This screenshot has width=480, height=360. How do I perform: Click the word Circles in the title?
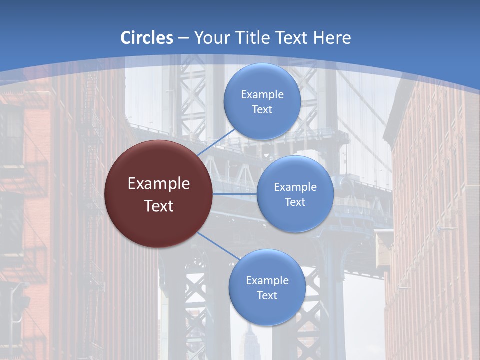tap(146, 38)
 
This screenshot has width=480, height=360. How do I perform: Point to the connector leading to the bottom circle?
tap(218, 245)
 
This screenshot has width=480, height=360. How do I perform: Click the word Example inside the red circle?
tap(159, 184)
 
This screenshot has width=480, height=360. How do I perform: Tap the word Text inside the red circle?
tap(159, 206)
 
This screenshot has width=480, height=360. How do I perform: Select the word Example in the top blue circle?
tap(262, 95)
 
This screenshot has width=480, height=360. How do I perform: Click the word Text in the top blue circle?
tap(262, 110)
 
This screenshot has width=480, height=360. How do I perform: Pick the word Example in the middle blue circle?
tap(295, 187)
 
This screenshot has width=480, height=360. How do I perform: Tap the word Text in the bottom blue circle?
tap(267, 296)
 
